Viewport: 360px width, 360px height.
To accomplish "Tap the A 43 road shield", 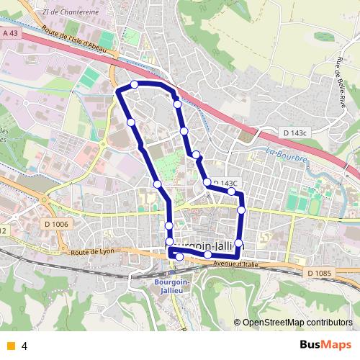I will [9, 33].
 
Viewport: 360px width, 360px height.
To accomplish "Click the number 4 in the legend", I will [24, 346].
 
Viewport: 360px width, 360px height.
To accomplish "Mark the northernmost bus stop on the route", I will [134, 86].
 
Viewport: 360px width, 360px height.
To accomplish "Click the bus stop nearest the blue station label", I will [179, 257].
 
